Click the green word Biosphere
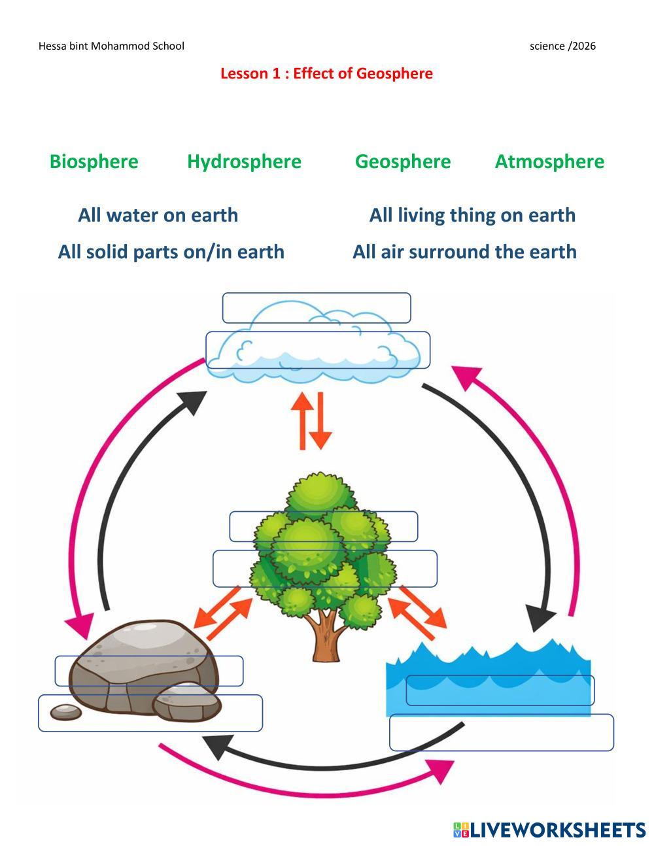[94, 161]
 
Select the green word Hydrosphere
[244, 161]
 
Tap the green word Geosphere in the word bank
[402, 161]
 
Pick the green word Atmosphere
[549, 161]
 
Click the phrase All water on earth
[158, 215]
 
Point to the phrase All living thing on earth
[472, 215]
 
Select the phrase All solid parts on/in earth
[171, 252]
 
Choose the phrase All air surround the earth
[464, 252]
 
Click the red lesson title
[326, 73]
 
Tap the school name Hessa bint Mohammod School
[111, 46]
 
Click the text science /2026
[562, 46]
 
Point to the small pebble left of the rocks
[66, 711]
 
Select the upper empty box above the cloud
[317, 308]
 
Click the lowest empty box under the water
[502, 732]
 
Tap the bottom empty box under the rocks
[150, 713]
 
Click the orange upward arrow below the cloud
[303, 418]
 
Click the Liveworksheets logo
[549, 830]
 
